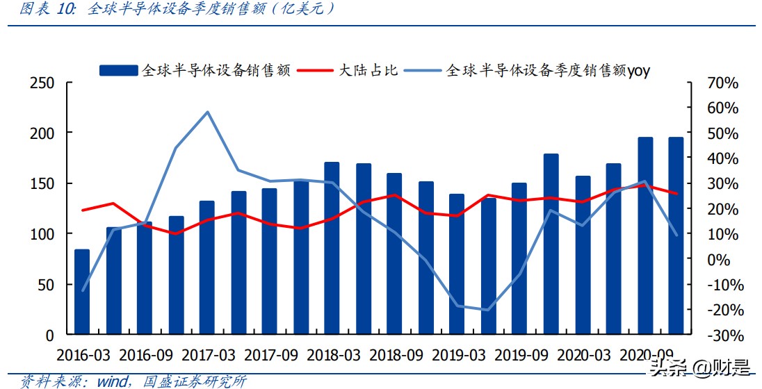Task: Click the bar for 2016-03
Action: [82, 292]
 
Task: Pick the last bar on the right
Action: [676, 235]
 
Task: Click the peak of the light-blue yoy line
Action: [208, 112]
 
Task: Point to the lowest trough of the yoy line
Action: [487, 310]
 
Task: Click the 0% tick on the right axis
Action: [724, 260]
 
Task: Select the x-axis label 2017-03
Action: [209, 355]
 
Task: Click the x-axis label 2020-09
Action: [647, 355]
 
